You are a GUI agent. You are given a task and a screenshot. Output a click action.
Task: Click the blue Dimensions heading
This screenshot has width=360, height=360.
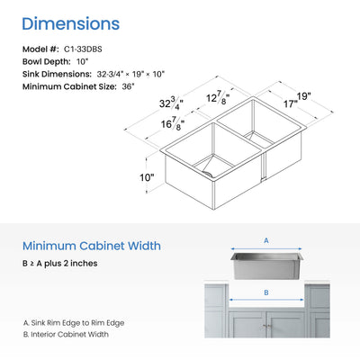[x=71, y=24]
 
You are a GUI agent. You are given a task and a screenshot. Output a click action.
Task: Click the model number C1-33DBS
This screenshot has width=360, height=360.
[x=83, y=49]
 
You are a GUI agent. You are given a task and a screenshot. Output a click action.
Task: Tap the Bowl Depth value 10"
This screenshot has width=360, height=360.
[x=82, y=62]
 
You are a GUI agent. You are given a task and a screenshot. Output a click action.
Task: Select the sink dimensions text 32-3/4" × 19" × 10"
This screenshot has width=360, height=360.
[x=130, y=74]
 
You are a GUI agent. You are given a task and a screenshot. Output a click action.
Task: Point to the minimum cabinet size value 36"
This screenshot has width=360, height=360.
[x=128, y=86]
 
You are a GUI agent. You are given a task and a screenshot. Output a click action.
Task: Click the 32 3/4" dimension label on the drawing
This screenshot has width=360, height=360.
[x=171, y=103]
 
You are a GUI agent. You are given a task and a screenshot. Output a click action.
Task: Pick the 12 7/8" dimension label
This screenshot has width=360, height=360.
[x=218, y=98]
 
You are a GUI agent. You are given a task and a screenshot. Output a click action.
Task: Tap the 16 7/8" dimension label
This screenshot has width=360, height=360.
[x=173, y=123]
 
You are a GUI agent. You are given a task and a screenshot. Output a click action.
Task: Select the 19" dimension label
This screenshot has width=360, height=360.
[x=303, y=96]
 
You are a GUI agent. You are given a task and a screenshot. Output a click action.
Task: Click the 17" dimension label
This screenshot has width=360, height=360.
[x=291, y=103]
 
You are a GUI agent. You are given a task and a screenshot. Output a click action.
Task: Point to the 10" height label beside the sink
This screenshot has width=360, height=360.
[x=147, y=177]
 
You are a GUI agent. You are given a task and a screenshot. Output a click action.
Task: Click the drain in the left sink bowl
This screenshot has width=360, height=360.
[x=208, y=173]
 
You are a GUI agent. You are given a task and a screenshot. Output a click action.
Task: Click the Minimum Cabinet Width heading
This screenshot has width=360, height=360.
[x=92, y=246]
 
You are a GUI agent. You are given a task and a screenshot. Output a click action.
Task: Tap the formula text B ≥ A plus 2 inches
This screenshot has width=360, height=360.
[x=60, y=264]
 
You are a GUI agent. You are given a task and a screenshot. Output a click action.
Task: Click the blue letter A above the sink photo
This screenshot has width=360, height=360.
[x=266, y=240]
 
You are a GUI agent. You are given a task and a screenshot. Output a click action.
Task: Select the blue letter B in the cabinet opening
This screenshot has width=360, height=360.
[x=266, y=292]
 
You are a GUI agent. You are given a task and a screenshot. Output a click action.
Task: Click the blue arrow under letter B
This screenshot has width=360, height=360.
[x=266, y=300]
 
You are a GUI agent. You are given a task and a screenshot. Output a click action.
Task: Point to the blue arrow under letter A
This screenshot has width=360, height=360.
[x=266, y=248]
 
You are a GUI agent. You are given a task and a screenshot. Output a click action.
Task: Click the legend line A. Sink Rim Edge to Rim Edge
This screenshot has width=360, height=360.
[x=74, y=323]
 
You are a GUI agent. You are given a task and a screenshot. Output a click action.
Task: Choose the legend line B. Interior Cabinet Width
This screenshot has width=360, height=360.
[x=66, y=334]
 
